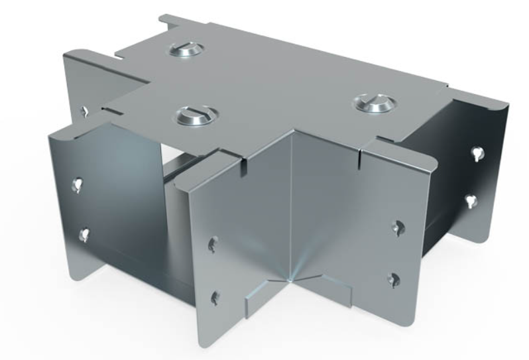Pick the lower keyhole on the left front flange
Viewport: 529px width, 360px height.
[x=84, y=233]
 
